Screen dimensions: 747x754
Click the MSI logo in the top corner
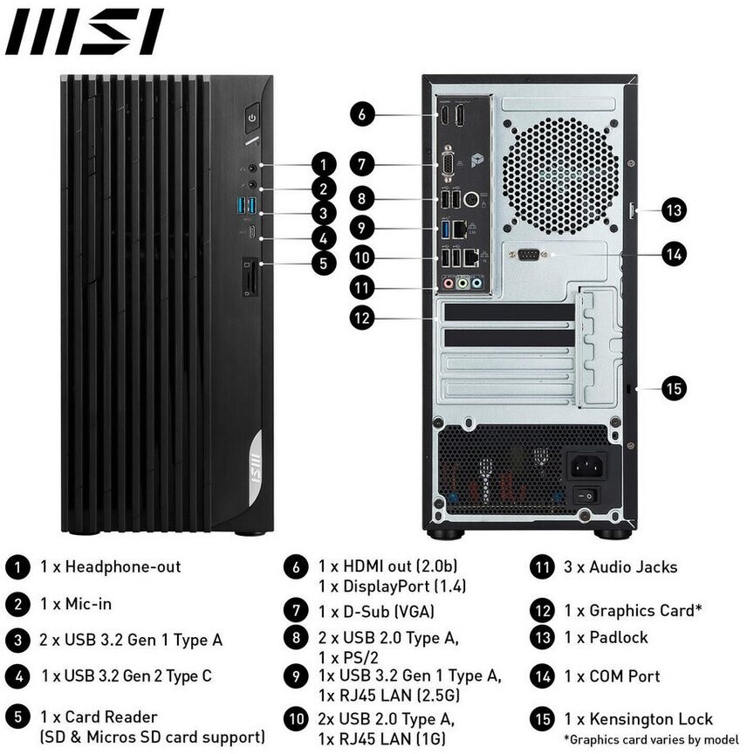84,31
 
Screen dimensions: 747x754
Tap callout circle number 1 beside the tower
323,164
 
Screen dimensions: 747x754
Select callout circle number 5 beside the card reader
323,263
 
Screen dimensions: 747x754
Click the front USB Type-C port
252,232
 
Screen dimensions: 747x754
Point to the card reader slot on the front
250,277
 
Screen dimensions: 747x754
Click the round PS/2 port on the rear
471,198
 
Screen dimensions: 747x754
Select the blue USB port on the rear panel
445,229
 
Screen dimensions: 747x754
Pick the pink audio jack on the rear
449,283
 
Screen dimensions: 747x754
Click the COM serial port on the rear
528,254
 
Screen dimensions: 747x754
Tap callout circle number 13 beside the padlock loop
674,210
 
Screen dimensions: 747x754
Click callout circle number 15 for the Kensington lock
674,387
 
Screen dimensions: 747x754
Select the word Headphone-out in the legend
123,566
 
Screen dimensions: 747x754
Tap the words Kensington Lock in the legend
651,719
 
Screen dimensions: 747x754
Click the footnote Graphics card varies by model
651,739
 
